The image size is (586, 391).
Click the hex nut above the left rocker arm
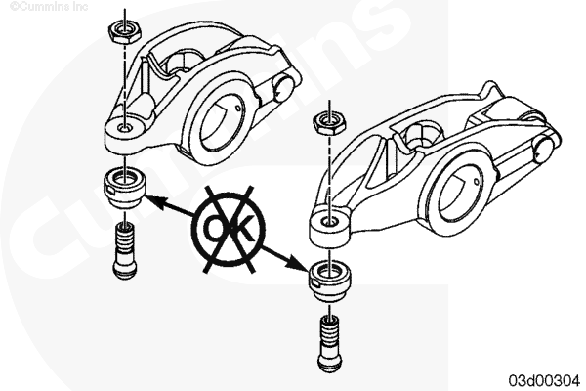pyautogui.click(x=124, y=32)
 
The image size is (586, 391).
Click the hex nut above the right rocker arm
pyautogui.click(x=329, y=124)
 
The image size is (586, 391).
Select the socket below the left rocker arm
pyautogui.click(x=124, y=188)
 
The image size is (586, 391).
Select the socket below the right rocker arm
pyautogui.click(x=330, y=281)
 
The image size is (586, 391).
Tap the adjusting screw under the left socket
pyautogui.click(x=124, y=250)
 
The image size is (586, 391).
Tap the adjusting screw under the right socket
pyautogui.click(x=330, y=343)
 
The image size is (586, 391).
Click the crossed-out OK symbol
pyautogui.click(x=229, y=229)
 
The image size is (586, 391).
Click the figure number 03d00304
pyautogui.click(x=544, y=380)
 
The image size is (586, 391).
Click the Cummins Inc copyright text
pyautogui.click(x=49, y=7)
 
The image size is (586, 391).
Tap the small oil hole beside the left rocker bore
pyautogui.click(x=239, y=109)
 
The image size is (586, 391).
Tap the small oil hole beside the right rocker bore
pyautogui.click(x=477, y=182)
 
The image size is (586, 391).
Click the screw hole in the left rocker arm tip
pyautogui.click(x=124, y=128)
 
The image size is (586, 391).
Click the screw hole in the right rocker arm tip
pyautogui.click(x=329, y=222)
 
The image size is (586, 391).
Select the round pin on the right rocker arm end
pyautogui.click(x=546, y=150)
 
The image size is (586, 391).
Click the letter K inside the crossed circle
pyautogui.click(x=243, y=229)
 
